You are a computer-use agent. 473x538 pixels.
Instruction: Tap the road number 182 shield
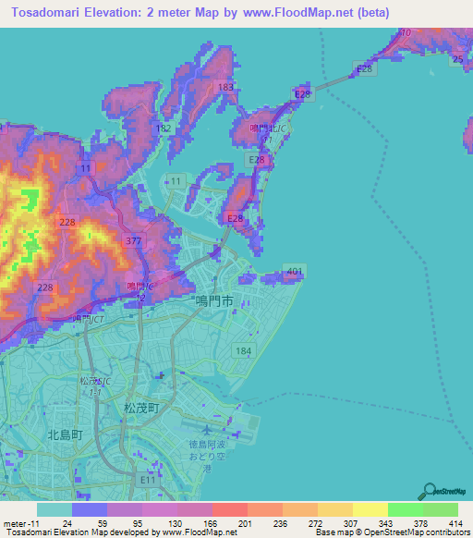click(x=164, y=128)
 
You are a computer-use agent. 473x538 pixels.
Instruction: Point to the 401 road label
click(x=294, y=272)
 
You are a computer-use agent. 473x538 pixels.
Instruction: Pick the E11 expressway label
click(x=148, y=481)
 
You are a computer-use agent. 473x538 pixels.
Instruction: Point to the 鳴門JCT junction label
click(x=89, y=318)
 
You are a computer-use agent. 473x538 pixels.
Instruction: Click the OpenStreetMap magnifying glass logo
click(x=430, y=491)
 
